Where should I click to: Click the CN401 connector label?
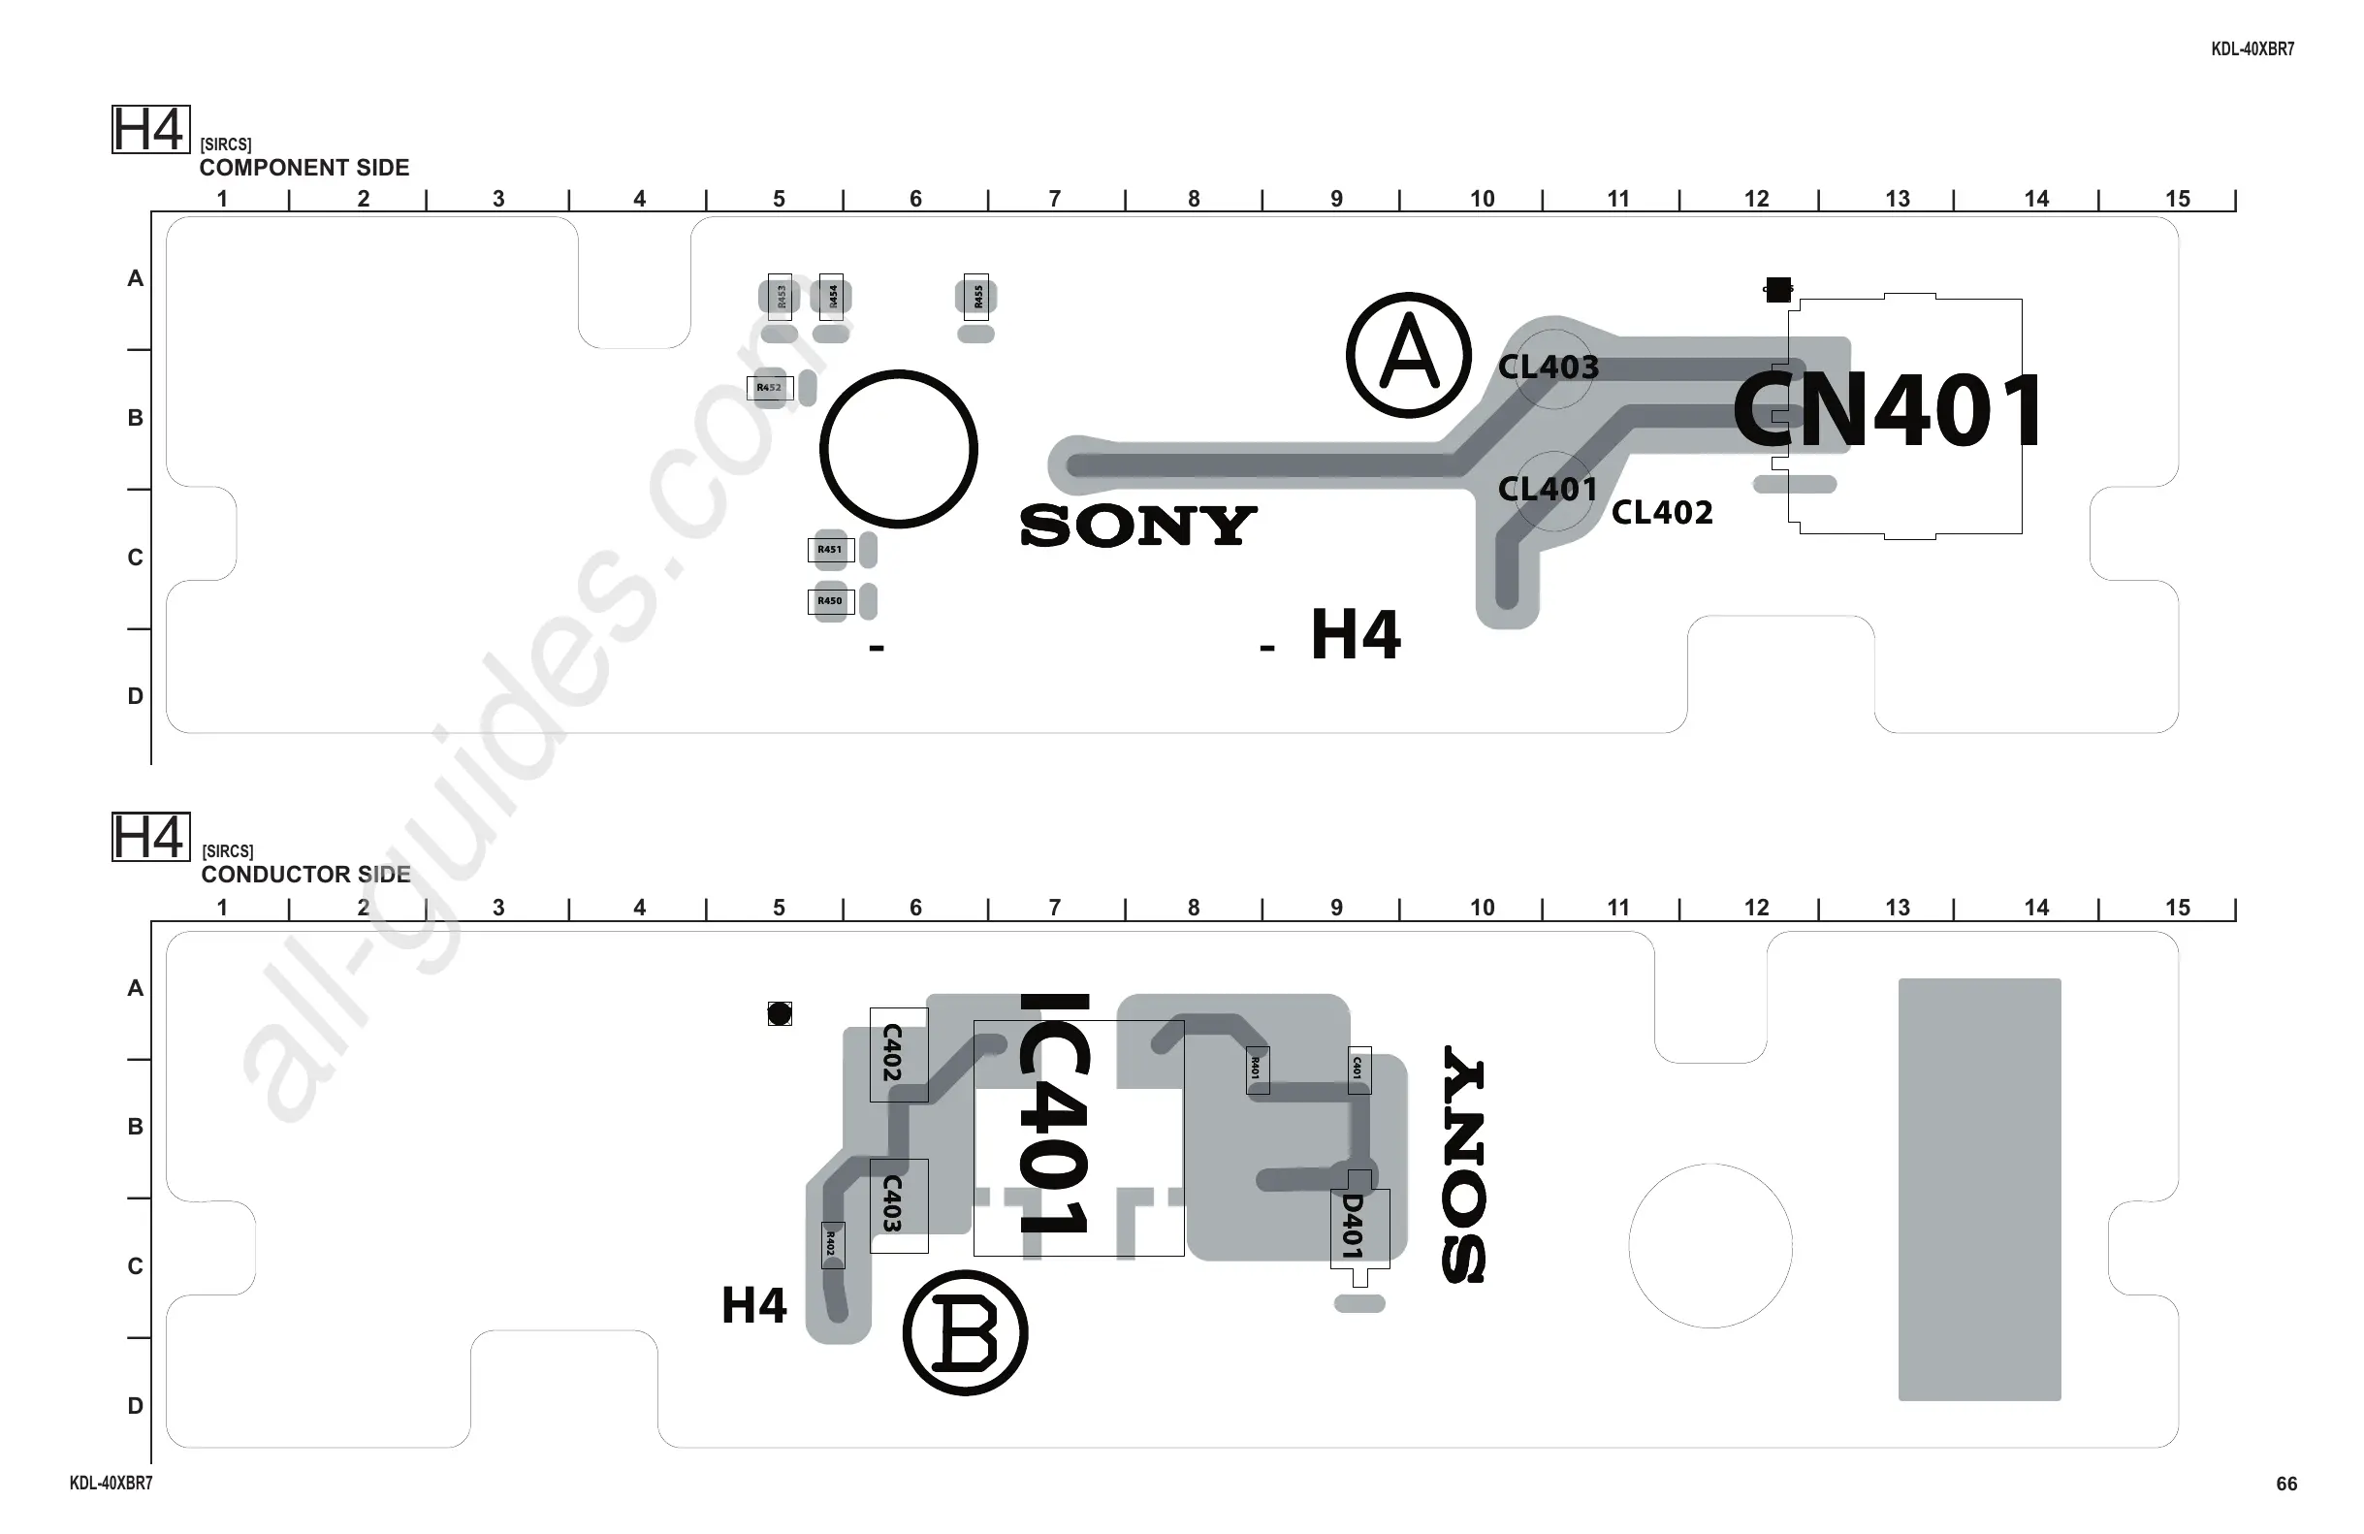(x=1887, y=410)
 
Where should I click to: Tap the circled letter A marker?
(x=1409, y=355)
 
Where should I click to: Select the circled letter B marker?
(x=966, y=1332)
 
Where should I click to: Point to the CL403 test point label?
(x=1548, y=368)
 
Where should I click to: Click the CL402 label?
(x=1662, y=513)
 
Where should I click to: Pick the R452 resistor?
(x=770, y=388)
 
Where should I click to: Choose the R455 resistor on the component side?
(x=977, y=296)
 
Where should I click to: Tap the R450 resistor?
(x=830, y=601)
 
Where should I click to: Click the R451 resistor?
(x=830, y=550)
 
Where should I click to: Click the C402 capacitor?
(x=898, y=1053)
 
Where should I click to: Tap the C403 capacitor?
(x=898, y=1204)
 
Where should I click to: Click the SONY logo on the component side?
(x=1138, y=526)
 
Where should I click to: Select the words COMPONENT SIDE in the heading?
(x=303, y=168)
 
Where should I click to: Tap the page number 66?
(x=2286, y=1484)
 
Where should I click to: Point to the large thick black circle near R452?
(x=899, y=449)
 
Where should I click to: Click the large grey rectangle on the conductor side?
(x=1980, y=1189)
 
